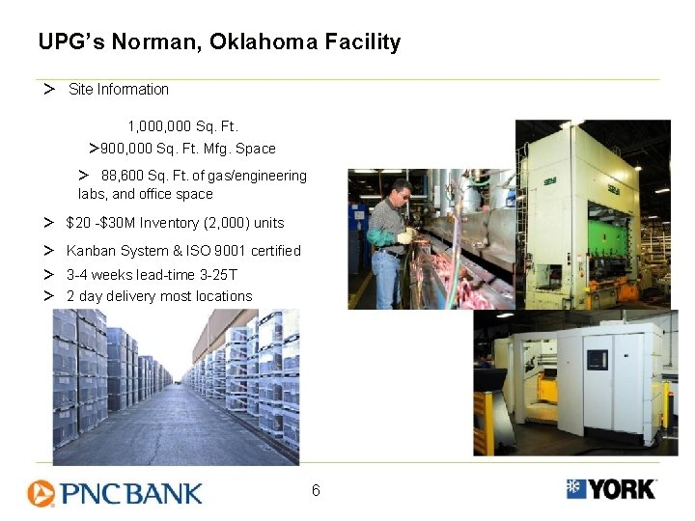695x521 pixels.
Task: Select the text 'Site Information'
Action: [x=119, y=90]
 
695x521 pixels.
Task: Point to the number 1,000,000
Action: [x=159, y=126]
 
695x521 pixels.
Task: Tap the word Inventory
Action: [x=176, y=223]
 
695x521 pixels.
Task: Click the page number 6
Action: [x=316, y=491]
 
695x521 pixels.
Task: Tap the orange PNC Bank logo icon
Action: [x=41, y=493]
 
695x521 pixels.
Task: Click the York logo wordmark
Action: [x=623, y=489]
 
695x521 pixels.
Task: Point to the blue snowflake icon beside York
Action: [x=576, y=488]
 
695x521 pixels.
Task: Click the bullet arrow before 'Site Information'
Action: [x=47, y=90]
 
